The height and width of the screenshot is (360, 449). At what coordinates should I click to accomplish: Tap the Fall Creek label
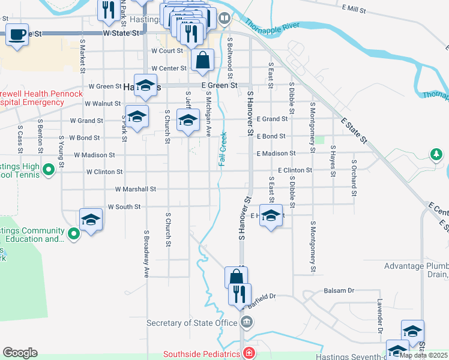pyautogui.click(x=223, y=149)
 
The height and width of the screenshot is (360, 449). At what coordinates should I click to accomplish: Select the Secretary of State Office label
pyautogui.click(x=192, y=323)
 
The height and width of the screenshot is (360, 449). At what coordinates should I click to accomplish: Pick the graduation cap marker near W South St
pyautogui.click(x=91, y=220)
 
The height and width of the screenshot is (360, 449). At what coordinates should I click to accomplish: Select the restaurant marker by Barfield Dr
pyautogui.click(x=240, y=295)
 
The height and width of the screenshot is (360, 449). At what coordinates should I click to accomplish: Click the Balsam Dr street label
pyautogui.click(x=339, y=290)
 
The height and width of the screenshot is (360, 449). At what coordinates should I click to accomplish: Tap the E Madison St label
pyautogui.click(x=276, y=154)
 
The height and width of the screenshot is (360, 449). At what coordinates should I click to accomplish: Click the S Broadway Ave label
pyautogui.click(x=146, y=253)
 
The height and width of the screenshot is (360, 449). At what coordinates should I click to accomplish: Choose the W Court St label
pyautogui.click(x=166, y=52)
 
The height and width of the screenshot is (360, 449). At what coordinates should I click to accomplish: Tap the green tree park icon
pyautogui.click(x=436, y=155)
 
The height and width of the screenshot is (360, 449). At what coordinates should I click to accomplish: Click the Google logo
pyautogui.click(x=20, y=352)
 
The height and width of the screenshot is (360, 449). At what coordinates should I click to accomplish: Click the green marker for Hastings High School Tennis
pyautogui.click(x=49, y=172)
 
